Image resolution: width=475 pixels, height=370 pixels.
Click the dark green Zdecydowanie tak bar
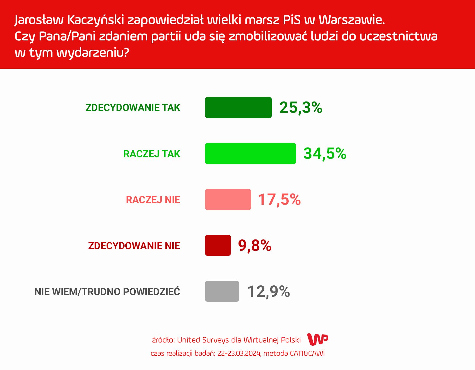pos(238,108)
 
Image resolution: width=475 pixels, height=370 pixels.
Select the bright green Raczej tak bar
pos(250,154)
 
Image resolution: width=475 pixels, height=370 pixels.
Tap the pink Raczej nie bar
pos(228,200)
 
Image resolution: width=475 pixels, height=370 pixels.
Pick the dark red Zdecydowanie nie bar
pos(218,245)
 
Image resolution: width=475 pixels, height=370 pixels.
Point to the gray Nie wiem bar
pos(222,291)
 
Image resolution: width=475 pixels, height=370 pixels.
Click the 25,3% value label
pos(301,108)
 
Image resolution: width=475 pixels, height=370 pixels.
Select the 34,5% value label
pos(325,154)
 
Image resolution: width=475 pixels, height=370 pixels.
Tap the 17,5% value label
pos(279,200)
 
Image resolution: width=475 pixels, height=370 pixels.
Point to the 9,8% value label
pos(255,246)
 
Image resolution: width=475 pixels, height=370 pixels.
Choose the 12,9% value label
pos(269,292)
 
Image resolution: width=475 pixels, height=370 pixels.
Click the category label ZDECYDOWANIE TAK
pos(133,108)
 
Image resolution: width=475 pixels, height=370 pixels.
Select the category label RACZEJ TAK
pos(152,154)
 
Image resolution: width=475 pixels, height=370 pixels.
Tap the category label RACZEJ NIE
pos(153,200)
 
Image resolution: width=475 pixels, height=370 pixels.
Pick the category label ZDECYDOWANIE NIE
pos(134,246)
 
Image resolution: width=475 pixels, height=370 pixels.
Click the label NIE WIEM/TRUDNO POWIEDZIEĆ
pos(107,291)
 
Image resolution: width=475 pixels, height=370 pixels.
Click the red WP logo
pos(318,339)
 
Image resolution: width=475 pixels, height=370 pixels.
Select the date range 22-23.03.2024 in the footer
pos(239,353)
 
